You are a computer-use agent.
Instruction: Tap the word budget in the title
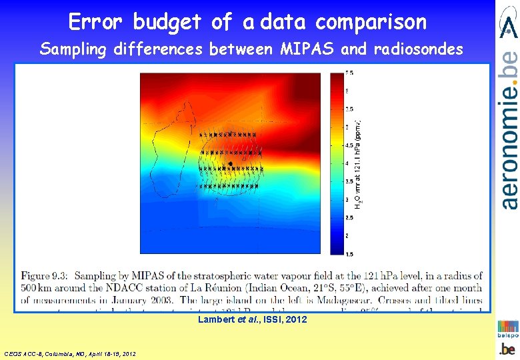(x=167, y=22)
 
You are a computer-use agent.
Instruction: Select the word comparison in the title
(x=371, y=22)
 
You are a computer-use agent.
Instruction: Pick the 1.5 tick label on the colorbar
(x=349, y=253)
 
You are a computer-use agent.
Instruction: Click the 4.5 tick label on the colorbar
(x=349, y=145)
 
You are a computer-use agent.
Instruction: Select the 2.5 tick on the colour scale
(x=349, y=217)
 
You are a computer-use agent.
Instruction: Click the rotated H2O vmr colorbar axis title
(x=359, y=163)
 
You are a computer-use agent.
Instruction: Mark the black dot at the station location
(x=230, y=163)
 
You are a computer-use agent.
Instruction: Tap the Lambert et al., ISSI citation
(x=253, y=320)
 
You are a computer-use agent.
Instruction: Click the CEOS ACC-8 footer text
(x=70, y=353)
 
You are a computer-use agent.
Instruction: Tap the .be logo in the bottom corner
(x=508, y=349)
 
